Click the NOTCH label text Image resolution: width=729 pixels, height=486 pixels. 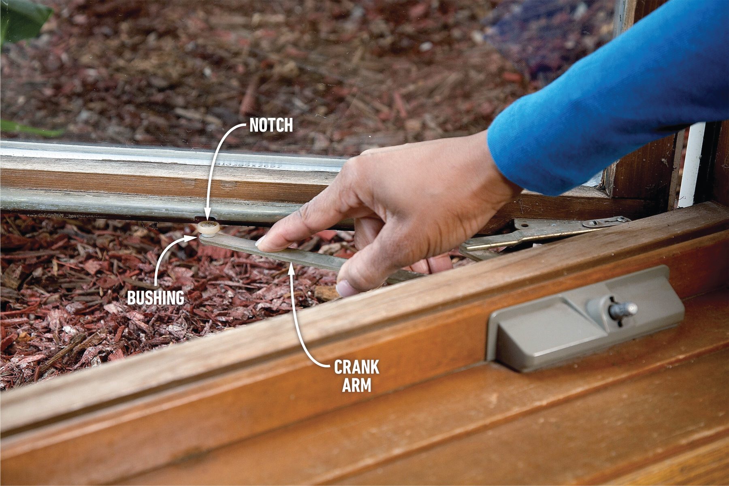coord(271,126)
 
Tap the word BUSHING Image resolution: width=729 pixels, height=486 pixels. coord(156,298)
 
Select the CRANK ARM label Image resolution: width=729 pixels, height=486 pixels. coord(356,376)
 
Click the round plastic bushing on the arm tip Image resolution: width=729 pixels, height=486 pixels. coord(209,228)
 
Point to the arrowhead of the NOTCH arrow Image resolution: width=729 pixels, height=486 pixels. coord(207,217)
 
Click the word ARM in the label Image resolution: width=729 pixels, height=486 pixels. coord(356,385)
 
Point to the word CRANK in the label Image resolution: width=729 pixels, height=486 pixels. coord(356,367)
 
